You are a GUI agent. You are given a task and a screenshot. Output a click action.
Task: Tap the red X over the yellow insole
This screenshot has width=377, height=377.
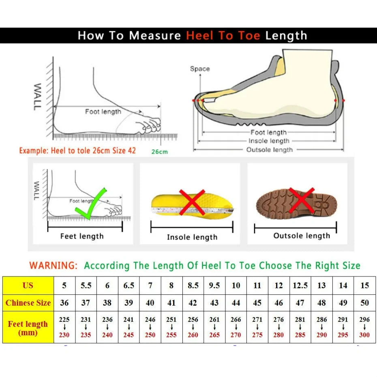[x=192, y=202]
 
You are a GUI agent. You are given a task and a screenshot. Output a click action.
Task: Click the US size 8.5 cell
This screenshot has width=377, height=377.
[x=193, y=285]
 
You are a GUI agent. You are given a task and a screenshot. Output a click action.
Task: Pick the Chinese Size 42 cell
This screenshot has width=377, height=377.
[x=193, y=303]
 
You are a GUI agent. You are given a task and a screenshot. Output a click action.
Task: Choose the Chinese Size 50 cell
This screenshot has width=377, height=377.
[x=364, y=303]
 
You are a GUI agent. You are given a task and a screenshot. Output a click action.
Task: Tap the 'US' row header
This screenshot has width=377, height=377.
[x=28, y=285]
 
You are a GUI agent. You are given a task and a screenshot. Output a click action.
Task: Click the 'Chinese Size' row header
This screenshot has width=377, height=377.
[x=28, y=303]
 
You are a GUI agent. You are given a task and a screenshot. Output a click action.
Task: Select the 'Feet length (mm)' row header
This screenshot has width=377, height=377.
[x=28, y=328]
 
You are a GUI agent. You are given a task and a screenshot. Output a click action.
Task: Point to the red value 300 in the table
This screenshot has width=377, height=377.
[x=364, y=335]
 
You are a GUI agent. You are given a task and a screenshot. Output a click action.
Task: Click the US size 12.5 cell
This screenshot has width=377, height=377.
[x=300, y=285]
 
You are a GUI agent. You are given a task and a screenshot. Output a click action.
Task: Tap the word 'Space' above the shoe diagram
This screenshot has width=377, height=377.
[x=200, y=69]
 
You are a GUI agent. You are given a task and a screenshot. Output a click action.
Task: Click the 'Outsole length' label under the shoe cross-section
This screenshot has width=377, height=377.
[x=269, y=150]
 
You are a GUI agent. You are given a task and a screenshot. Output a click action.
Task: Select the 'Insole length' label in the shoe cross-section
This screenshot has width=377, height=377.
[x=269, y=141]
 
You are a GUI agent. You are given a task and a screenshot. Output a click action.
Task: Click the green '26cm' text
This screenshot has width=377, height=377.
[x=160, y=152]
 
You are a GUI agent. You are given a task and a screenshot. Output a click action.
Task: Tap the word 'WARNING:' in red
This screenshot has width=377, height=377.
[x=53, y=266]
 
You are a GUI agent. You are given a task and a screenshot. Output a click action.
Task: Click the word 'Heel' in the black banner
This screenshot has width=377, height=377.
[x=200, y=36]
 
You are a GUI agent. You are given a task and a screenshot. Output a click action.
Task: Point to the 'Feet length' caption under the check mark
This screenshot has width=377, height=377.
[x=82, y=236]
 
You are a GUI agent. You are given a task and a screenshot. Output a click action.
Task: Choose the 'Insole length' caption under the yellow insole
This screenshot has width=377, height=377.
[x=192, y=237]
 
